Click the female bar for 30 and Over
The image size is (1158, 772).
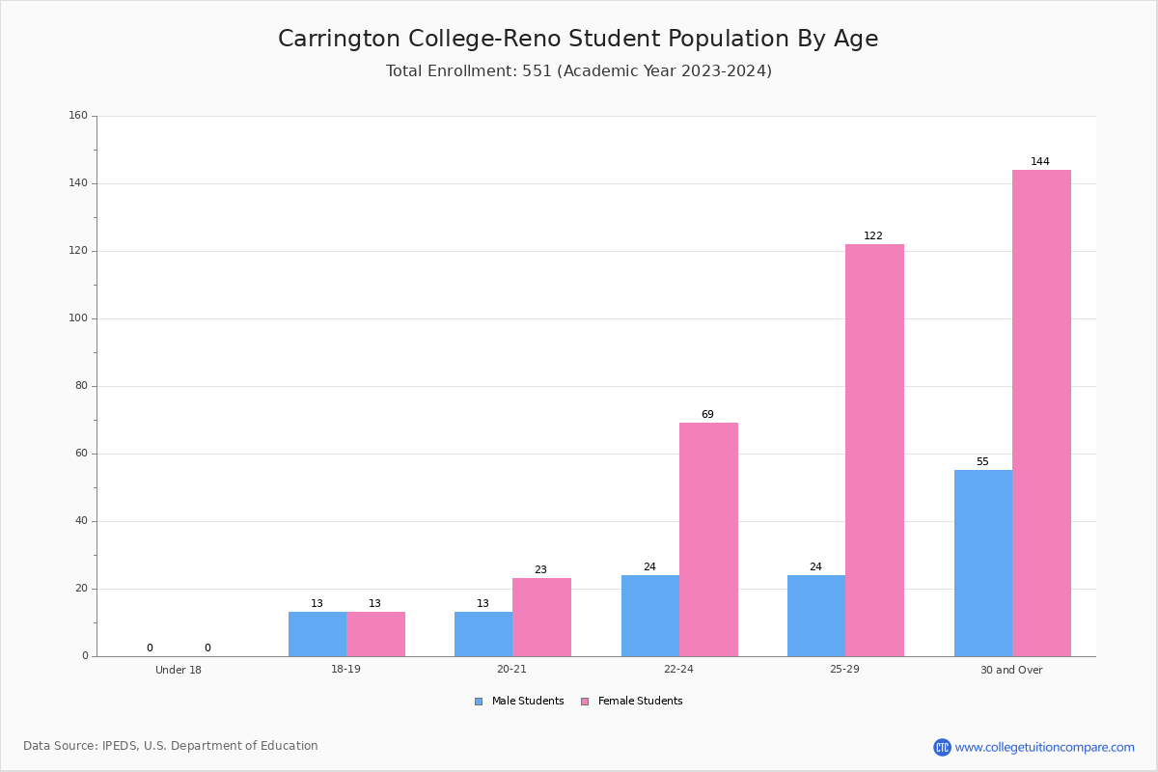coord(1041,413)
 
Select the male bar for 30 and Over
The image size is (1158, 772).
coord(983,564)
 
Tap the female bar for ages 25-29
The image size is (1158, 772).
coord(874,451)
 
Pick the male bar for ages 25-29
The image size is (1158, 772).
coord(816,616)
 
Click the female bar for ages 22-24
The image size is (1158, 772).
coord(708,539)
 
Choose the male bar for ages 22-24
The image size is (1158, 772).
coord(650,616)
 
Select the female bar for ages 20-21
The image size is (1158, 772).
coord(541,618)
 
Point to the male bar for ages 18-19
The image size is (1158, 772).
coord(317,634)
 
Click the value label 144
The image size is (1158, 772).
coord(1040,161)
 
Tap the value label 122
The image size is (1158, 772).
coord(873,235)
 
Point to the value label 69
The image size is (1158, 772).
coord(707,414)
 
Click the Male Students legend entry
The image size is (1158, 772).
coord(519,701)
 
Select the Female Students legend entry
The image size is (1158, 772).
coord(632,701)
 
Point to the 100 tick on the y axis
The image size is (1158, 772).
coord(78,318)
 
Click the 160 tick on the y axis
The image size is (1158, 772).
coord(78,115)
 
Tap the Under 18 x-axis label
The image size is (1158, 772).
coord(179,670)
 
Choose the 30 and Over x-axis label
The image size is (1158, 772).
coord(1011,670)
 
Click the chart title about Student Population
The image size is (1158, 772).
coord(578,39)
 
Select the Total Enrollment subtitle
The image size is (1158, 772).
coord(579,70)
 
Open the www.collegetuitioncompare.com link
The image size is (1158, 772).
coord(1044,747)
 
